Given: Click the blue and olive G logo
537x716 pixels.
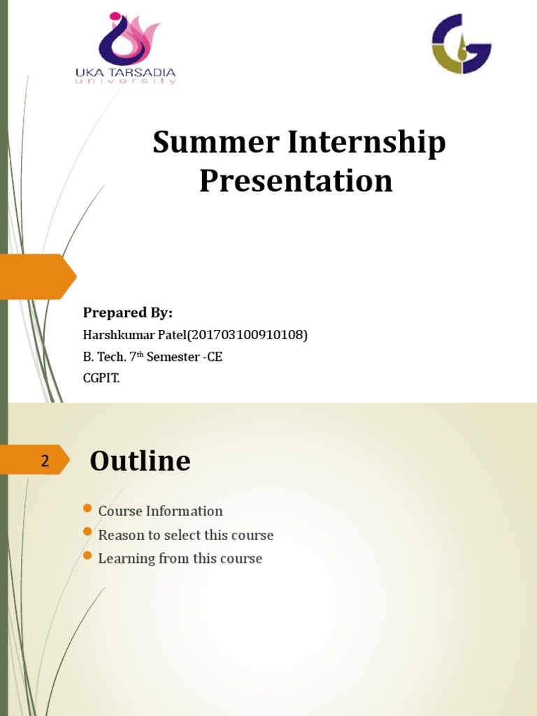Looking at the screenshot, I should [x=461, y=43].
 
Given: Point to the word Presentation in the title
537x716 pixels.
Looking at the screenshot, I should [x=296, y=180].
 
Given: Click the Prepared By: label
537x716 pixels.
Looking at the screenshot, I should [x=128, y=313].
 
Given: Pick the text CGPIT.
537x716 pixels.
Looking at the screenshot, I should [x=101, y=378].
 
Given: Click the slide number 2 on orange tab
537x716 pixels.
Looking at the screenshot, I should [x=45, y=461].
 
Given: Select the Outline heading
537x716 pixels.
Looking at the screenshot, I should [x=140, y=461].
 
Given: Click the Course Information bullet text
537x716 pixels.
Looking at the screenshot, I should [x=160, y=511].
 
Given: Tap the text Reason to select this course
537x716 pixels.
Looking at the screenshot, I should [x=185, y=535].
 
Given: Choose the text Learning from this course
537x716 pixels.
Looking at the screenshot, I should [x=180, y=559].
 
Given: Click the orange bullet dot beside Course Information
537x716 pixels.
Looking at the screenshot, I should [x=87, y=508].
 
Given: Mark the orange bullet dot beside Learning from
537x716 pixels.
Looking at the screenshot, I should [x=87, y=556].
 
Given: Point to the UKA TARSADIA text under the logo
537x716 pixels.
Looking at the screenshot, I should [x=125, y=73].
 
